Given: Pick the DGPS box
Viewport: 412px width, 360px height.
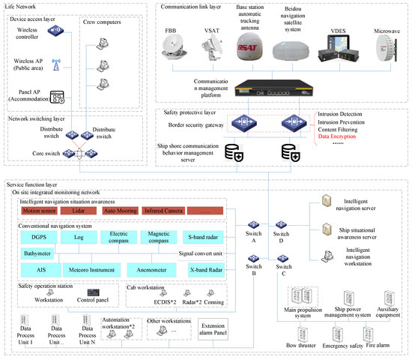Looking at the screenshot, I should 39,238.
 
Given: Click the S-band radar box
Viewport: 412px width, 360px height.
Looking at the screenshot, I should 203,238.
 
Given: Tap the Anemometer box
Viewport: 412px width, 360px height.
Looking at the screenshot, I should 151,269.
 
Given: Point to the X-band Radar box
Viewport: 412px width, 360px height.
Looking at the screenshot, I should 203,269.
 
